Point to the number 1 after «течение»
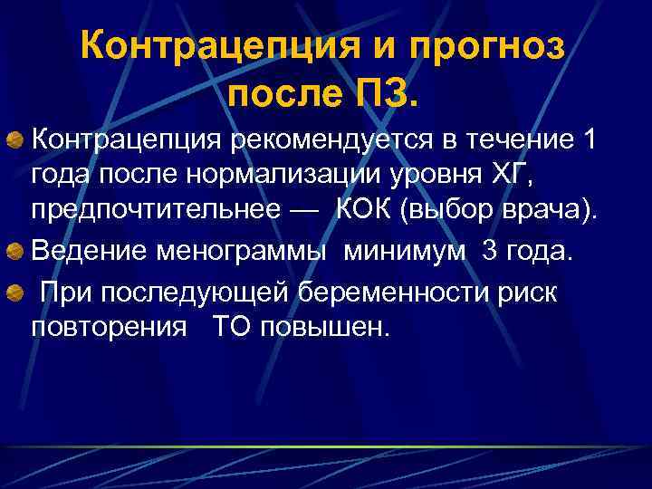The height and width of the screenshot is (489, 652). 590,140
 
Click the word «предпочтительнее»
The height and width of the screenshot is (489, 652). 156,213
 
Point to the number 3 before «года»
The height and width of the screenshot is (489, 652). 490,250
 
